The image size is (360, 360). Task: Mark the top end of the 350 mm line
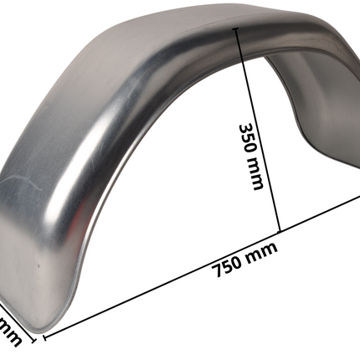point(238,28)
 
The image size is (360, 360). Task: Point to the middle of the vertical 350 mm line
point(258,130)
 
